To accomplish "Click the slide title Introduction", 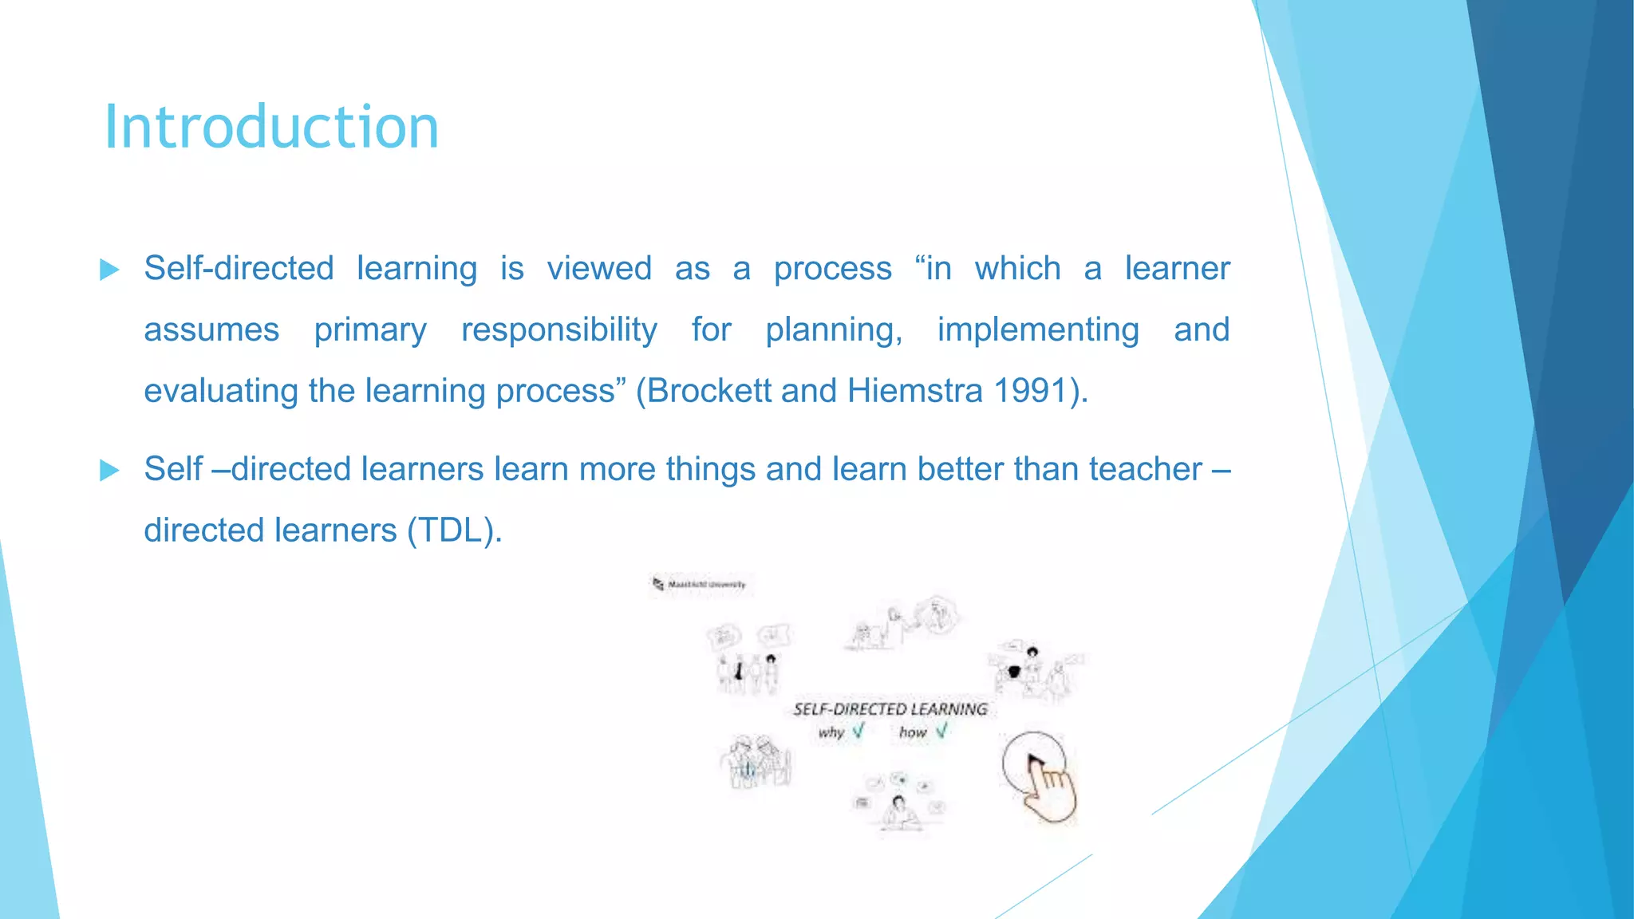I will point(271,128).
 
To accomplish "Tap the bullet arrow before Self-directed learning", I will point(109,270).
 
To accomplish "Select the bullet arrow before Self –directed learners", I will point(109,470).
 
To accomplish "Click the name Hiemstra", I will point(914,391).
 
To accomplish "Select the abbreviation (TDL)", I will point(454,530).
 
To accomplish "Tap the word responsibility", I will point(559,329).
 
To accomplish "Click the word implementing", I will point(1037,329).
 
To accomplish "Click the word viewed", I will point(599,269).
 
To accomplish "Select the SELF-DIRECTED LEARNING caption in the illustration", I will point(890,709).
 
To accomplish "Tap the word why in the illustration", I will point(831,732).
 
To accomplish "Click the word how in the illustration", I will point(912,732).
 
